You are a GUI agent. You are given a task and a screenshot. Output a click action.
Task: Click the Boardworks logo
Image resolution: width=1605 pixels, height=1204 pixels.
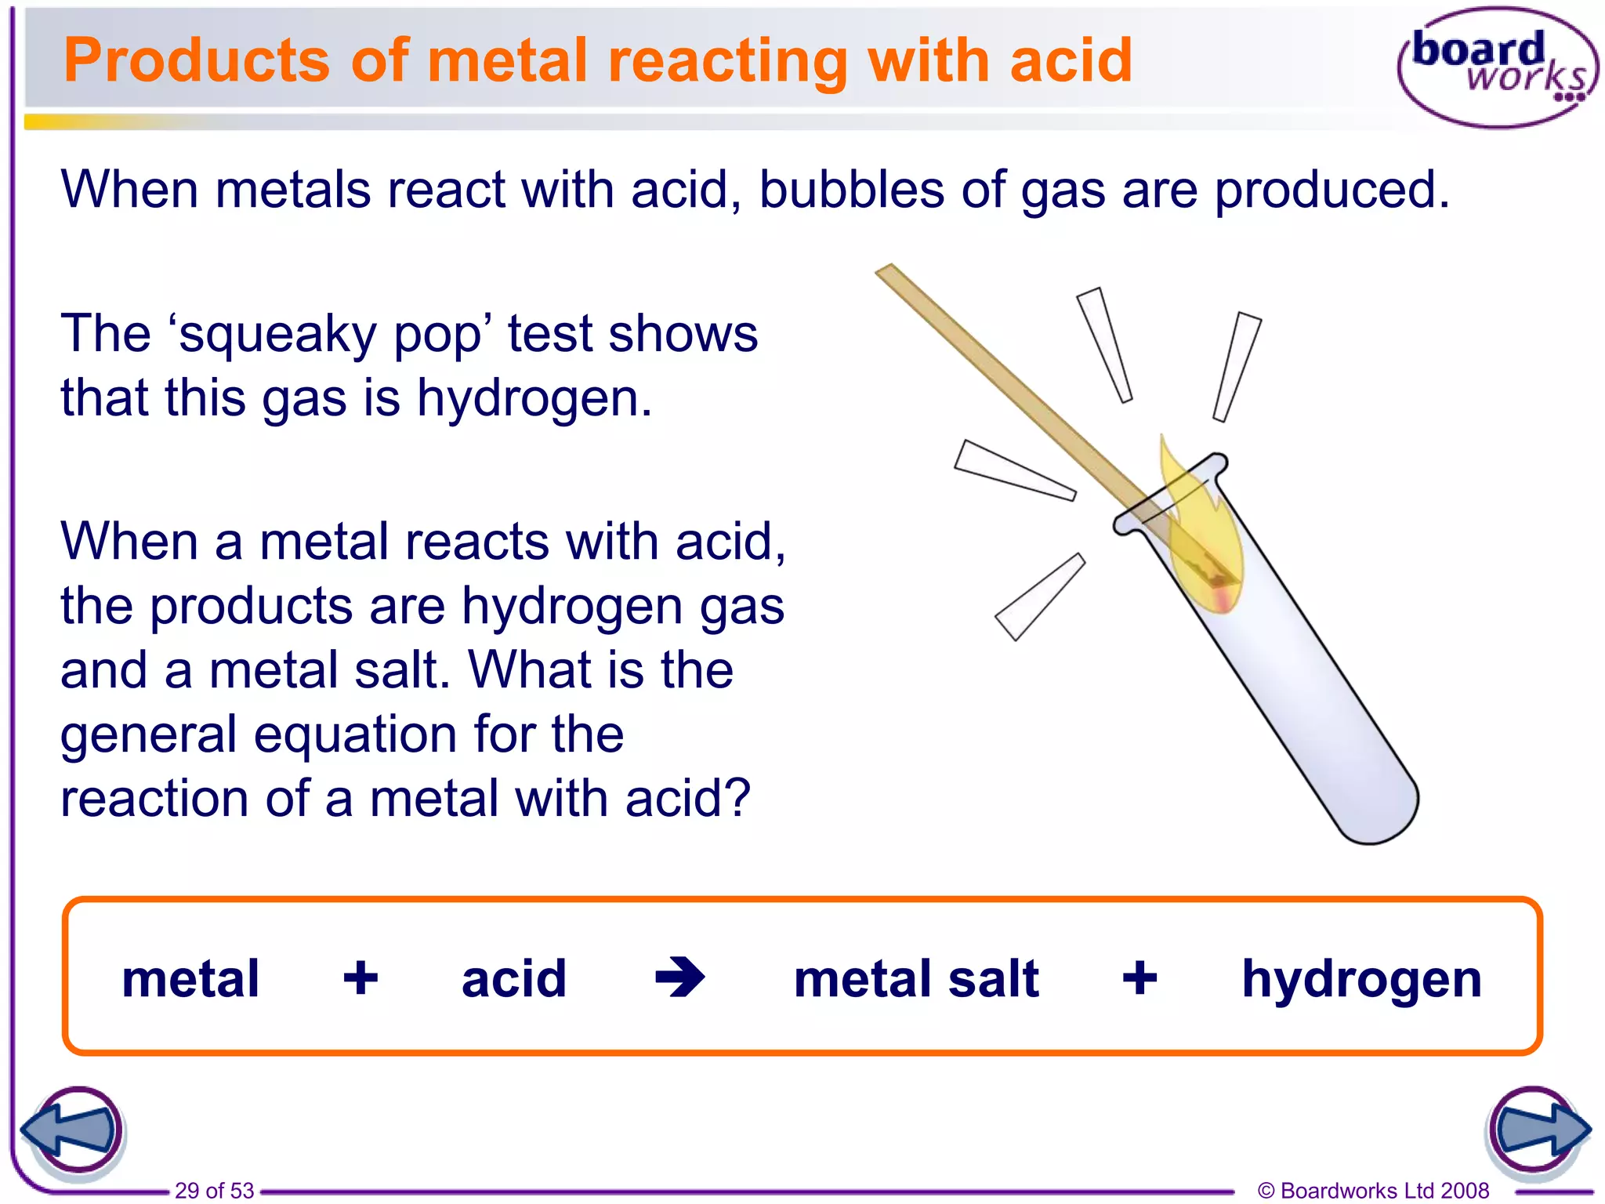pyautogui.click(x=1497, y=67)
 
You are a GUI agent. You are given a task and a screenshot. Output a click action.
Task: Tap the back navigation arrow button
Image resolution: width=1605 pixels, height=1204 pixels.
pyautogui.click(x=72, y=1130)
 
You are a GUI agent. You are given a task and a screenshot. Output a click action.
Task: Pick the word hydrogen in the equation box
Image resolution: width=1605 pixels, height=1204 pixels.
pyautogui.click(x=1362, y=979)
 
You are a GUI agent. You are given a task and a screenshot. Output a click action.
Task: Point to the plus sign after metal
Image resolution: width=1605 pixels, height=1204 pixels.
pyautogui.click(x=360, y=978)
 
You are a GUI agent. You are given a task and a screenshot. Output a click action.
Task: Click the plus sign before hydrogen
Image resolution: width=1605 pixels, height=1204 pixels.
pyautogui.click(x=1139, y=978)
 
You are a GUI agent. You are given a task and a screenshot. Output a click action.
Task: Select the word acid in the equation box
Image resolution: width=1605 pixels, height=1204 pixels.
pyautogui.click(x=514, y=978)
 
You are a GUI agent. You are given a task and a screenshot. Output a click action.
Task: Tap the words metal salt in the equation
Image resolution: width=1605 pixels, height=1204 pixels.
pyautogui.click(x=916, y=978)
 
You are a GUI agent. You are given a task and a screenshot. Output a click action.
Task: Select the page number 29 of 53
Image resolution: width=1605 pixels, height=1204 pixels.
pyautogui.click(x=214, y=1191)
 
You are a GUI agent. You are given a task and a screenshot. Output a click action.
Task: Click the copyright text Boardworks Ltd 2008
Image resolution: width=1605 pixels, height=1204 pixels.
pyautogui.click(x=1373, y=1191)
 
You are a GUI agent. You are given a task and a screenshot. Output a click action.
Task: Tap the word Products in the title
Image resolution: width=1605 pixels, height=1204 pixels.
pyautogui.click(x=196, y=60)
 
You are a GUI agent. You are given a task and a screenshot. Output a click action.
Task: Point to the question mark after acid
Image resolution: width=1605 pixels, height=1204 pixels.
pyautogui.click(x=737, y=798)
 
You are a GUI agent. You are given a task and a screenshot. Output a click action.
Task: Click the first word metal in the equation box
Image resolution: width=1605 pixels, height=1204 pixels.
pyautogui.click(x=190, y=978)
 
